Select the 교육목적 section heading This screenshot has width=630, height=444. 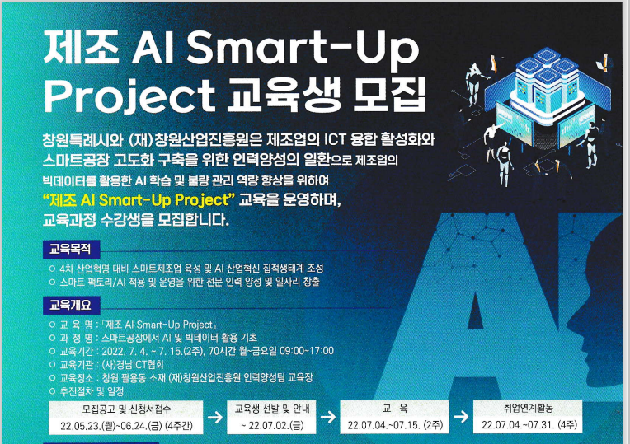pyautogui.click(x=71, y=250)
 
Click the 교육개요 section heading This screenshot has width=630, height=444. pyautogui.click(x=71, y=306)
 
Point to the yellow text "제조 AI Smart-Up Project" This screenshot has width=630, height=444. pyautogui.click(x=139, y=199)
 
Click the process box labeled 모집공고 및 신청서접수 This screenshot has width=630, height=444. pyautogui.click(x=126, y=418)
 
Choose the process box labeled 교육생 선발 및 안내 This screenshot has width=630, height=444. pyautogui.click(x=271, y=417)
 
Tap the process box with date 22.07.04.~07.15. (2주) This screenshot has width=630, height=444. pyautogui.click(x=394, y=417)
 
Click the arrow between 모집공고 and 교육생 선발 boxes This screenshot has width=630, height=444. pyautogui.click(x=215, y=417)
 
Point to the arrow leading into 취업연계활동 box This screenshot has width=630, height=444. pyautogui.click(x=461, y=416)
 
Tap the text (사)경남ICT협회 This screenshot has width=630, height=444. pyautogui.click(x=133, y=365)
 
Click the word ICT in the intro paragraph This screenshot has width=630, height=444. pyautogui.click(x=335, y=139)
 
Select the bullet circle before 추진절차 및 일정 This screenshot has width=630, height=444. pyautogui.click(x=52, y=390)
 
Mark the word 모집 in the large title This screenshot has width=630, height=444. pyautogui.click(x=388, y=96)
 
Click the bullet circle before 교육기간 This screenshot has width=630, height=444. pyautogui.click(x=52, y=351)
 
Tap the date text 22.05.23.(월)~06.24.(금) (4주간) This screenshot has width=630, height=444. pyautogui.click(x=126, y=426)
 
